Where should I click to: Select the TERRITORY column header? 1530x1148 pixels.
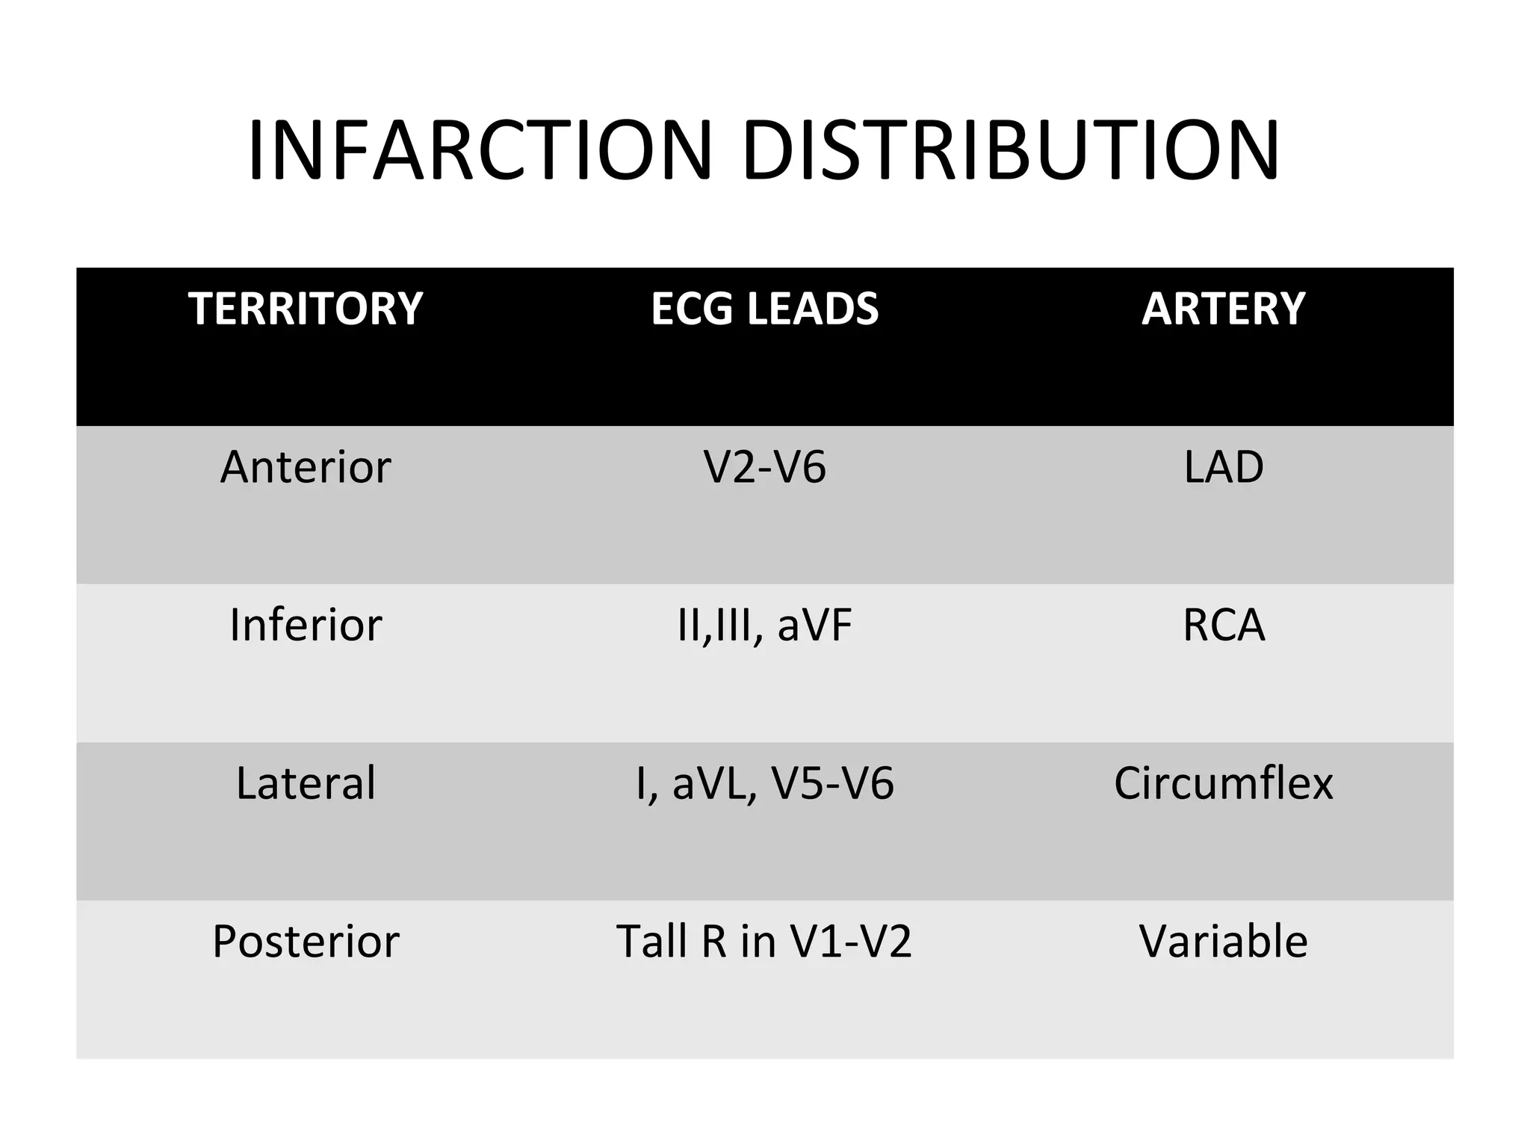tap(306, 309)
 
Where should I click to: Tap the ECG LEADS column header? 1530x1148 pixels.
tap(764, 309)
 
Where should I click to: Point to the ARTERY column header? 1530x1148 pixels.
tap(1223, 309)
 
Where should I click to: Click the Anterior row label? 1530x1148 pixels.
tap(306, 467)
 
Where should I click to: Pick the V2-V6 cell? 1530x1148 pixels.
tap(764, 467)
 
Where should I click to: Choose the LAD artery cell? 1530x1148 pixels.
tap(1223, 467)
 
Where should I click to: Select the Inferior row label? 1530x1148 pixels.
tap(306, 625)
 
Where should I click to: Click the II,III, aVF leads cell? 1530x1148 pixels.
tap(764, 625)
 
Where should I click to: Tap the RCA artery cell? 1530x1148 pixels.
tap(1223, 625)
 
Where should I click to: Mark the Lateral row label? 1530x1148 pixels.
tap(306, 783)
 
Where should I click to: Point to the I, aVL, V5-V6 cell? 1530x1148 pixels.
tap(764, 783)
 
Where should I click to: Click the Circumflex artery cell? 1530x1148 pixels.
tap(1223, 783)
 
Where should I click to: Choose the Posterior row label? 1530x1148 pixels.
tap(306, 941)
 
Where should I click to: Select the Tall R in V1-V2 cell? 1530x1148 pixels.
tap(764, 941)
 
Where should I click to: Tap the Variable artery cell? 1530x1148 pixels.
tap(1223, 941)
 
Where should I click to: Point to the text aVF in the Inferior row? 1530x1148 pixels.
tap(814, 625)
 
